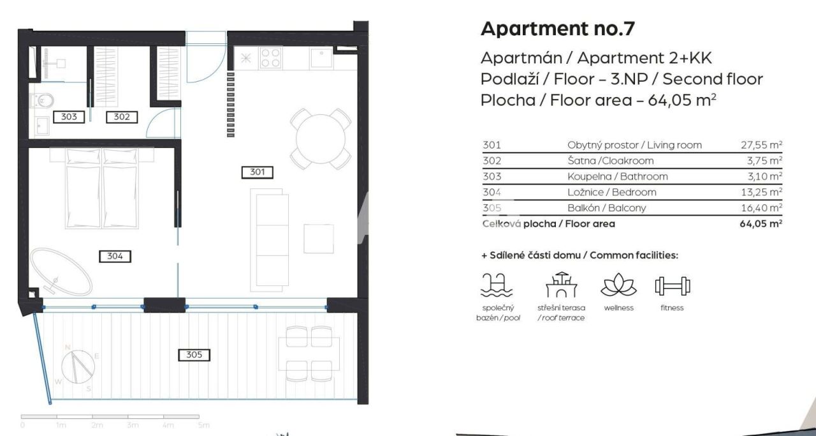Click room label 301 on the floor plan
click(258, 172)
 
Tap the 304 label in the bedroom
click(115, 256)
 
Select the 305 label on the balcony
click(194, 354)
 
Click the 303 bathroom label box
click(68, 117)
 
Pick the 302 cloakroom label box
click(121, 117)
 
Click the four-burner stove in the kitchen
click(271, 58)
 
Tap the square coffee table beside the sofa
click(318, 239)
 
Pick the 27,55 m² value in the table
click(757, 145)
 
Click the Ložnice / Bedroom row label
click(611, 192)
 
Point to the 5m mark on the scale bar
click(203, 425)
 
